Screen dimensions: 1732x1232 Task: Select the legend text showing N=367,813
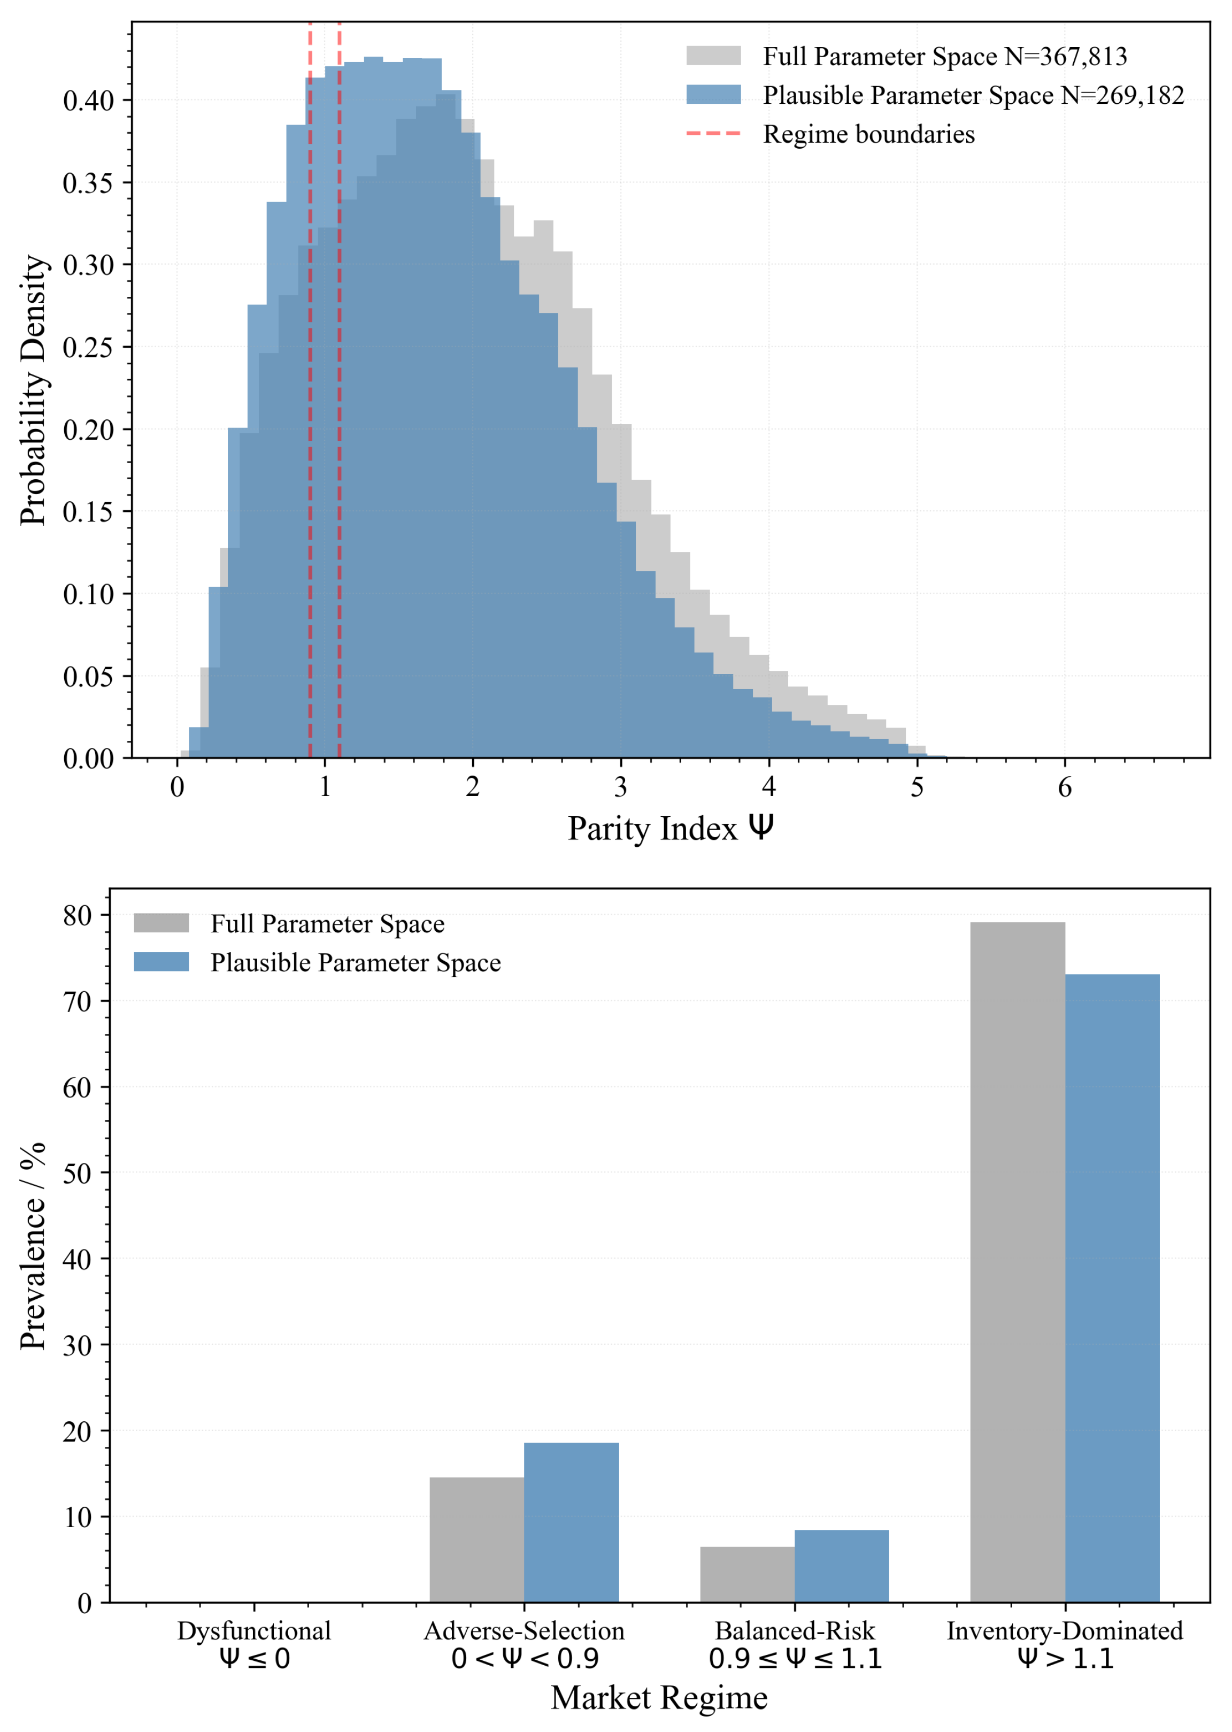click(944, 56)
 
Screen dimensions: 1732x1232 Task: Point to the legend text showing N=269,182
click(973, 96)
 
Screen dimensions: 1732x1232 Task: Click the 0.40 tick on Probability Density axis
click(88, 101)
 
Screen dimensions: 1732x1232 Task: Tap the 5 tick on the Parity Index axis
click(917, 787)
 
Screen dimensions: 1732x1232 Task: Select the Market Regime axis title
click(658, 1697)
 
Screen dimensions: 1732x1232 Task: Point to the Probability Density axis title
click(33, 390)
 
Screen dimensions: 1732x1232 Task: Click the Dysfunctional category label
click(254, 1630)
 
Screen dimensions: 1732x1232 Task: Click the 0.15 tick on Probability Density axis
click(88, 512)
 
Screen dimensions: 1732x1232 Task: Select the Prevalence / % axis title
click(33, 1246)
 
